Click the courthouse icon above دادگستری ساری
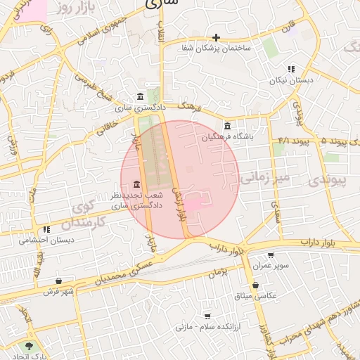click(x=141, y=96)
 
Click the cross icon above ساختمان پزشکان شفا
click(x=217, y=37)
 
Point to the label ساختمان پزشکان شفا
click(x=216, y=48)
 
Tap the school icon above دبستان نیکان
click(x=290, y=69)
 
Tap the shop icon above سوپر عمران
click(x=271, y=255)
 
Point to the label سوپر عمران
click(x=272, y=266)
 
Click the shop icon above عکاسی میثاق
click(x=255, y=285)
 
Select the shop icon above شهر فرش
click(x=58, y=281)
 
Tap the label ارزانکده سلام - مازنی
click(x=207, y=327)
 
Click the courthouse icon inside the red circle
click(x=135, y=184)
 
